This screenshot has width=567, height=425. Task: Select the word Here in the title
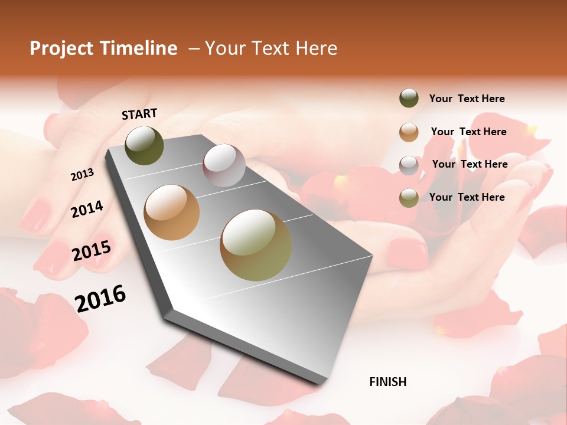coord(316,48)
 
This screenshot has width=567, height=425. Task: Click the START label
coord(139,114)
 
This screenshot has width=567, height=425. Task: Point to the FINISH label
coord(387,382)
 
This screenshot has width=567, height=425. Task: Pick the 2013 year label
coord(82,175)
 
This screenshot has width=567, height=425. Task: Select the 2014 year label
coord(87,209)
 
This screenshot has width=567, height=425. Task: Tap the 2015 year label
coord(91,250)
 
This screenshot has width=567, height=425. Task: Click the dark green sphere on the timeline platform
coord(144,146)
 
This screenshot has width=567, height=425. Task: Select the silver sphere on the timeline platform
coord(224,165)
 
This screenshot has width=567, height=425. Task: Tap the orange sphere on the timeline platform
coord(172,212)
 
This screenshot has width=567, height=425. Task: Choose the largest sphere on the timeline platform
coord(256,245)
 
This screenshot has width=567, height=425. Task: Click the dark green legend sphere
coord(409,99)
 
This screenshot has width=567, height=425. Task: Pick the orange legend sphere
coord(409,132)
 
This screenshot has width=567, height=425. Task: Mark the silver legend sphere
coord(409,165)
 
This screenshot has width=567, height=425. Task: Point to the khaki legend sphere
coord(409,198)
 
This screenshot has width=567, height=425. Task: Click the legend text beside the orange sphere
coord(468,132)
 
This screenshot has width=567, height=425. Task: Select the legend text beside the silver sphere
coord(470,164)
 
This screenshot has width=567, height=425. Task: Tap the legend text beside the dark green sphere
coord(467,99)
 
